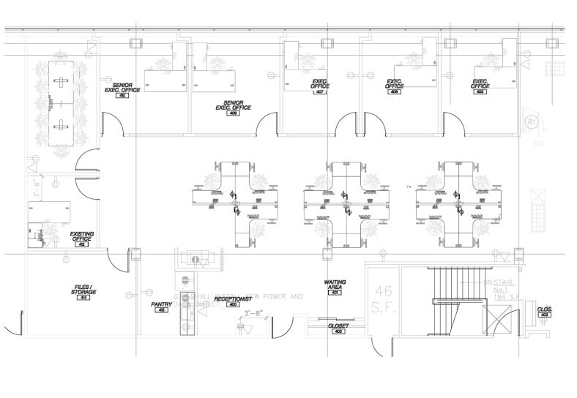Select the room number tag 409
coord(233,113)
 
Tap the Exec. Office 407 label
coord(320,86)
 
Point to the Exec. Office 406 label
coord(395,86)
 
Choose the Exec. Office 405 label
coord(480,86)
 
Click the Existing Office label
coord(81,238)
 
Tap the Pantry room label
coord(161,306)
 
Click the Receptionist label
coord(233,300)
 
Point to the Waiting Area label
coord(335,285)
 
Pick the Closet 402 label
coord(338,326)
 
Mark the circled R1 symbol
coord(532,123)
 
